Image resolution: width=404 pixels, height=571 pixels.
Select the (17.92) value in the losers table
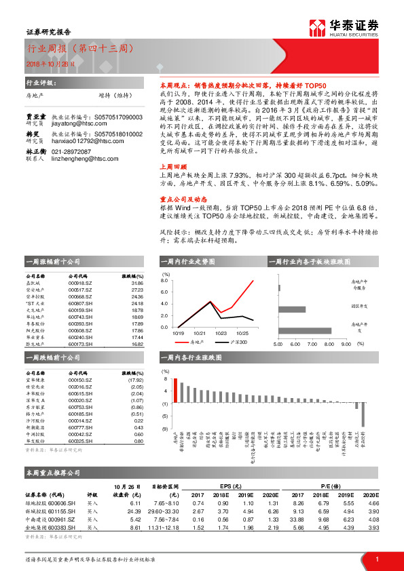coord(135,380)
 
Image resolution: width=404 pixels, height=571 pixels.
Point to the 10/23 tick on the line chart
coord(221,333)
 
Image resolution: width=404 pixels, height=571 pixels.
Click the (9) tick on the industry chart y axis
coord(165,429)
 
